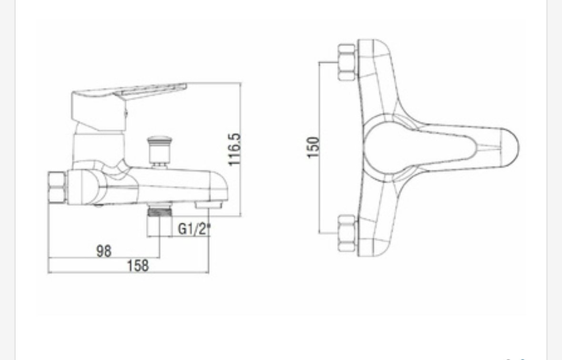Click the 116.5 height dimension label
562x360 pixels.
[x=235, y=150]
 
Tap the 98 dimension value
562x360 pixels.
[x=104, y=251]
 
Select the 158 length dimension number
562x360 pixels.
[x=138, y=266]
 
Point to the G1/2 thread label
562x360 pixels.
[x=194, y=228]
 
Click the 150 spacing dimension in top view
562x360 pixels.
[x=313, y=147]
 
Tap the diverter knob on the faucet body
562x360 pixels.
[x=159, y=151]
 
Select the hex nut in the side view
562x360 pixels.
[x=57, y=187]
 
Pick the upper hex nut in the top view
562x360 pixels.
[x=347, y=62]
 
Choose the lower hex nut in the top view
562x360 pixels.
[x=347, y=234]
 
